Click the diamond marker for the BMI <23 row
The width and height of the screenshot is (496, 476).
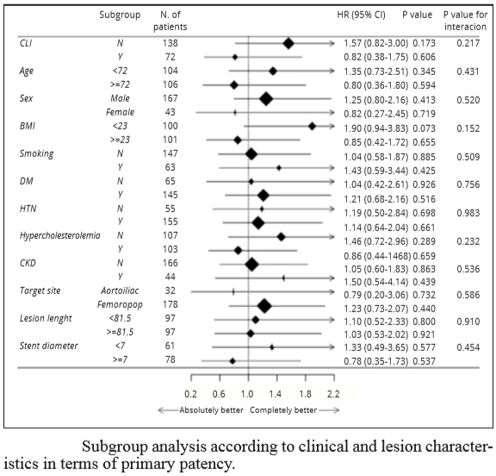click(313, 127)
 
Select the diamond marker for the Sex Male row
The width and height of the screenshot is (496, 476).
click(266, 99)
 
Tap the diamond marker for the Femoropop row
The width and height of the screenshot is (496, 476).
click(264, 306)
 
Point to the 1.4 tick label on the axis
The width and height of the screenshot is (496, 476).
click(276, 394)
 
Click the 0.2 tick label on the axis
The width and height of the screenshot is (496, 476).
click(190, 394)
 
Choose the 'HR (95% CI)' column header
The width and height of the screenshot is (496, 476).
click(362, 15)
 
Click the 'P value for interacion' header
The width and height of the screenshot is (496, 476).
click(465, 21)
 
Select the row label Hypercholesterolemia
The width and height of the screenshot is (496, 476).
click(59, 235)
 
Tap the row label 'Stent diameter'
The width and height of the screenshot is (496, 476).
click(49, 346)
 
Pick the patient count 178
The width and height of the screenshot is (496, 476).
click(170, 304)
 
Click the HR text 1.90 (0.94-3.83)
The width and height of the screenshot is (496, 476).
click(376, 128)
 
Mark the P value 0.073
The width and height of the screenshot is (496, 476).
click(424, 128)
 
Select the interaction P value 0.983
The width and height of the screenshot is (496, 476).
click(468, 213)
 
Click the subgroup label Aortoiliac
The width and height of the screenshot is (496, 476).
click(120, 291)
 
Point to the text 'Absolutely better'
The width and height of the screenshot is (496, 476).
click(211, 410)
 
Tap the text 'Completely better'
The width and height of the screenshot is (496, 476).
click(283, 410)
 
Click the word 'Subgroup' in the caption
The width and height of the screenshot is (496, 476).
click(115, 448)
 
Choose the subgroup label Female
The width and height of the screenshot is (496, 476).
click(120, 112)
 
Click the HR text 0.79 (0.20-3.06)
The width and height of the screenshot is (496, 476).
click(376, 295)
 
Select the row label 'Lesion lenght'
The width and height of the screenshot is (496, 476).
click(46, 318)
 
